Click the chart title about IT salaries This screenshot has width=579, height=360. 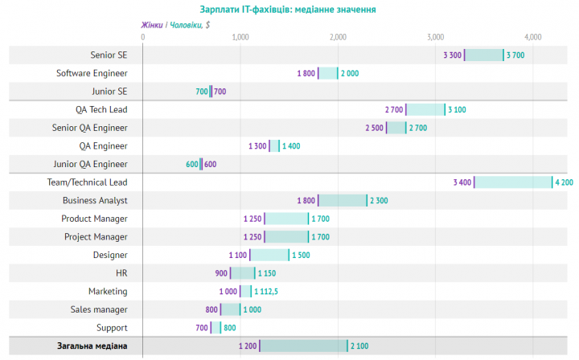[x=287, y=10]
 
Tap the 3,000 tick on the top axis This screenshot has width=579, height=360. [x=436, y=37]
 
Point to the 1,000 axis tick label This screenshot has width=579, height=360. [x=240, y=37]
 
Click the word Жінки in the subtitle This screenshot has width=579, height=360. [x=152, y=25]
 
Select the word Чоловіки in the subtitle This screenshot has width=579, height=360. [x=186, y=25]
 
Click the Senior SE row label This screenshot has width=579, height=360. [x=109, y=55]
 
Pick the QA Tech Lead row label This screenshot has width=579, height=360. [x=101, y=109]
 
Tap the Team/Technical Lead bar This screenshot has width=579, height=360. [x=513, y=182]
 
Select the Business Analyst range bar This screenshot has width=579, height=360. [x=343, y=200]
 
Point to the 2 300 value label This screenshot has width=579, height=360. [x=378, y=200]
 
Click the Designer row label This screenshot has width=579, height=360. [x=110, y=255]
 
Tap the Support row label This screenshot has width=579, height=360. [x=112, y=327]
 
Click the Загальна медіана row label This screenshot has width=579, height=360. [x=92, y=346]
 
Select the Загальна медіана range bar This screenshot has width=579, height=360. [x=303, y=346]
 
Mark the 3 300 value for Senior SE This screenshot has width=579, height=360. [x=452, y=55]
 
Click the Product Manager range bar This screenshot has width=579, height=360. [x=286, y=219]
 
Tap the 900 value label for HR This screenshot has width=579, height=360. [x=222, y=273]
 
